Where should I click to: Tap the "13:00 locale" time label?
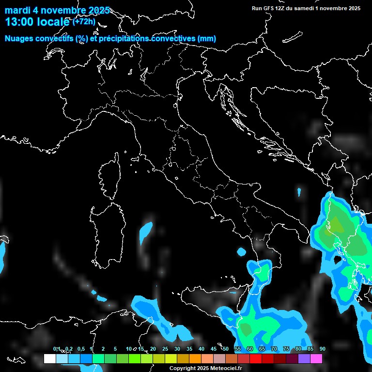click(38, 21)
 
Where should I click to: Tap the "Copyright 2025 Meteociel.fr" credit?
click(205, 368)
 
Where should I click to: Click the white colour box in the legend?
click(49, 358)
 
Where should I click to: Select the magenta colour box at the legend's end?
click(316, 358)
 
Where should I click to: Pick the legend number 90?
click(322, 349)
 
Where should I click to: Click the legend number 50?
click(226, 349)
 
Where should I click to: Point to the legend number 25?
click(165, 349)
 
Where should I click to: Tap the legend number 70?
click(274, 349)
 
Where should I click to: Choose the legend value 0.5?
click(81, 349)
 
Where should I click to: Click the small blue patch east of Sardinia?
click(146, 232)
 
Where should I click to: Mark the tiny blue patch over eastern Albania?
click(299, 192)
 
